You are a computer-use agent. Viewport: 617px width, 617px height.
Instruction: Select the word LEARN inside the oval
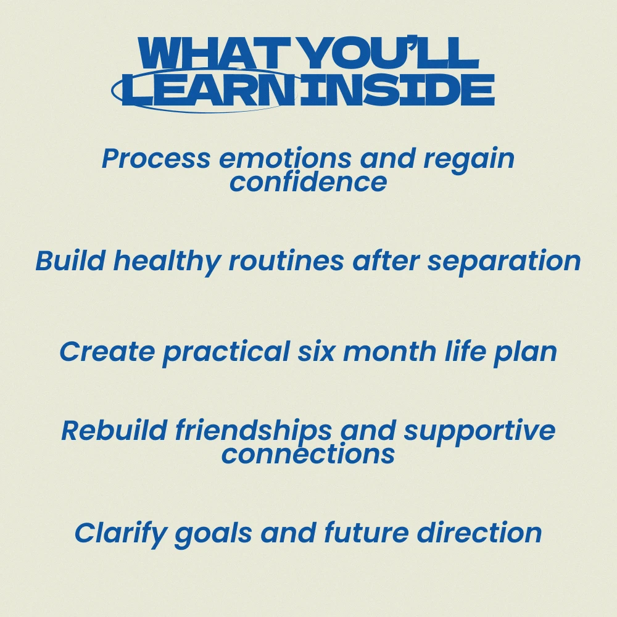209,90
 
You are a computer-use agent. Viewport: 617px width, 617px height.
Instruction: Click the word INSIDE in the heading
397,90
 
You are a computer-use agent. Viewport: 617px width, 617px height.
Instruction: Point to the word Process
156,159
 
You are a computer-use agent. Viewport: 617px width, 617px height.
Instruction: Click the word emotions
285,159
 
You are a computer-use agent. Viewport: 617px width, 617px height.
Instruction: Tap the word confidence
308,182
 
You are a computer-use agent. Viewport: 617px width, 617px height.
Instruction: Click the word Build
70,260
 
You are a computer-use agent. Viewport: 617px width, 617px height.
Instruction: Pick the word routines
286,260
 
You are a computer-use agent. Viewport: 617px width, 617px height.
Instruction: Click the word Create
107,352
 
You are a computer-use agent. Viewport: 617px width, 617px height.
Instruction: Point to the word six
316,352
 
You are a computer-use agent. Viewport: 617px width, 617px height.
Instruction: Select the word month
389,352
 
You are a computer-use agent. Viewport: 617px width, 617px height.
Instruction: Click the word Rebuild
114,430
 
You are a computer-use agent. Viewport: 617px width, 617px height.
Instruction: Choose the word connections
308,454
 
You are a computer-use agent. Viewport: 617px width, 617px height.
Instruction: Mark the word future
366,533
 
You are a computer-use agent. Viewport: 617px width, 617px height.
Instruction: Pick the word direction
479,533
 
